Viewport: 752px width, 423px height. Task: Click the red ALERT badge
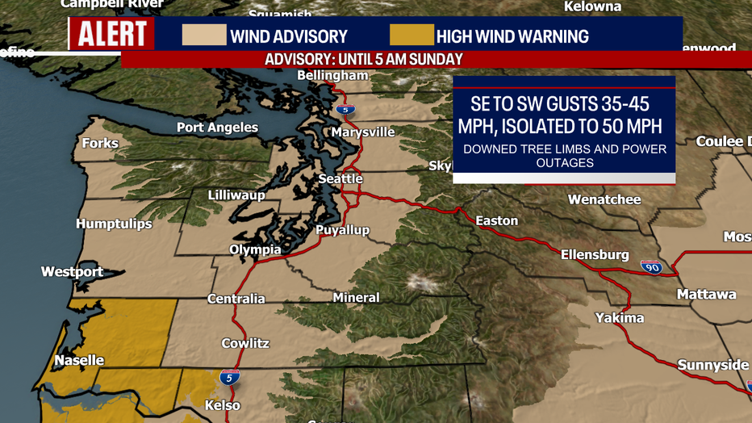[x=111, y=35]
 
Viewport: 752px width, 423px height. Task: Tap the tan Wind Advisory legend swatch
[x=203, y=36]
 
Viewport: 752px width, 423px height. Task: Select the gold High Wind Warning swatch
[x=412, y=36]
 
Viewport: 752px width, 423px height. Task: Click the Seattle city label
[x=340, y=178]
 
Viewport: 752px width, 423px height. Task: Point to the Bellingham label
[x=332, y=75]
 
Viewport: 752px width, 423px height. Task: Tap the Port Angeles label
[x=217, y=128]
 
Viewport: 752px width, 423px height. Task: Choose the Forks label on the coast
[x=100, y=143]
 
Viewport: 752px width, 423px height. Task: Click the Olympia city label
[x=255, y=249]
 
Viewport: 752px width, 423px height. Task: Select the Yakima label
[x=620, y=317]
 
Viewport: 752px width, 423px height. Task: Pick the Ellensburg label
[x=595, y=254]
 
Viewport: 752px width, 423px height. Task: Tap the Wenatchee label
[x=604, y=199]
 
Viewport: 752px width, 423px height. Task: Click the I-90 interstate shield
[x=652, y=267]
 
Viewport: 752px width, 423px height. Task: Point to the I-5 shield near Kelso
[x=229, y=377]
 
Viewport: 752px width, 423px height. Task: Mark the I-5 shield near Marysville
[x=345, y=110]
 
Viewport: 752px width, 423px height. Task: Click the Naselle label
[x=79, y=360]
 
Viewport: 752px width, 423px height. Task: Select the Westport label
[x=73, y=271]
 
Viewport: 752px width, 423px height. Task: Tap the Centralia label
[x=236, y=299]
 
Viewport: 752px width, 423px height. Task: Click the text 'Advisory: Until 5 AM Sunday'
[x=364, y=60]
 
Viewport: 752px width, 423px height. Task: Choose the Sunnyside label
[x=713, y=365]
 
